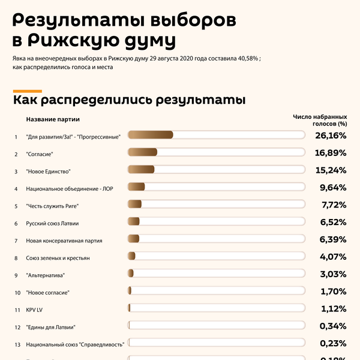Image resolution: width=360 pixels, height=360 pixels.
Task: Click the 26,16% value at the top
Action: pyautogui.click(x=331, y=136)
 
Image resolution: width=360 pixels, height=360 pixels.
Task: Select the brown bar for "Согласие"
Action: pyautogui.click(x=143, y=153)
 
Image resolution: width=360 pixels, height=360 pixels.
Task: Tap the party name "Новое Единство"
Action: pyautogui.click(x=49, y=171)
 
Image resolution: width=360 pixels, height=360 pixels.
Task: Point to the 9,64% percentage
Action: pyautogui.click(x=333, y=188)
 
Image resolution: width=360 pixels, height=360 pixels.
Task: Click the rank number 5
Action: pyautogui.click(x=16, y=206)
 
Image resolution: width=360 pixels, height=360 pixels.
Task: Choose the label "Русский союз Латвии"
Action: pyautogui.click(x=52, y=223)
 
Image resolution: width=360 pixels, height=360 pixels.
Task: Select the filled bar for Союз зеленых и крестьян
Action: pyautogui.click(x=132, y=257)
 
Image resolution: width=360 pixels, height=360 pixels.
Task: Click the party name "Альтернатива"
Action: pyautogui.click(x=46, y=275)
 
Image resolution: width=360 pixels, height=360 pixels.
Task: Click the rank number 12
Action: pyautogui.click(x=17, y=327)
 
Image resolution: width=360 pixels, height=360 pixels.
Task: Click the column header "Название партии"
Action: pyautogui.click(x=53, y=119)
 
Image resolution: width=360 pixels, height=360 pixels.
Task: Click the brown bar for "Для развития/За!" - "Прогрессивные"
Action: pyautogui.click(x=151, y=136)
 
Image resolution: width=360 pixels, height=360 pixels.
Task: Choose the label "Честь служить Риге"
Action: pyautogui.click(x=53, y=206)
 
